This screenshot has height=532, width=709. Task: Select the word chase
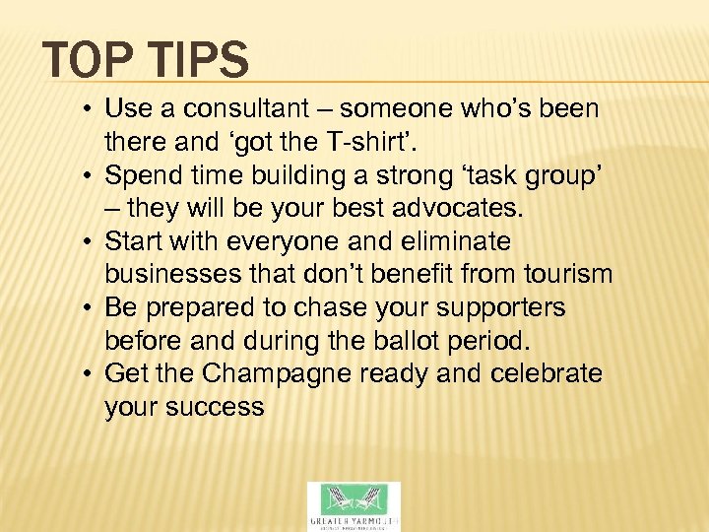335,308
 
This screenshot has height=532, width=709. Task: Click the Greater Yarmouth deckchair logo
354,504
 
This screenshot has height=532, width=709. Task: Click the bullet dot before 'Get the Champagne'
89,375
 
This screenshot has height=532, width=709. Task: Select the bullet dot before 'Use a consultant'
89,109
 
